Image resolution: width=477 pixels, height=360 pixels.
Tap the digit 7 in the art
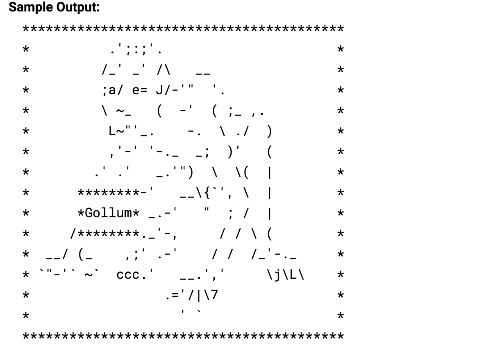click(x=214, y=295)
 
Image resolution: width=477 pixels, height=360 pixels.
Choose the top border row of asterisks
click(x=183, y=29)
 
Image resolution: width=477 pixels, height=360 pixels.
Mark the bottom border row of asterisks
click(x=183, y=337)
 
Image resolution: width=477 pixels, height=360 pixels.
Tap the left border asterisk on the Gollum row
click(x=25, y=214)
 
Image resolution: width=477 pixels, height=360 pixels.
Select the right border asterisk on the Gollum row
click(x=340, y=214)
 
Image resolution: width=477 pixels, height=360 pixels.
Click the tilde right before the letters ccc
click(x=89, y=275)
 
